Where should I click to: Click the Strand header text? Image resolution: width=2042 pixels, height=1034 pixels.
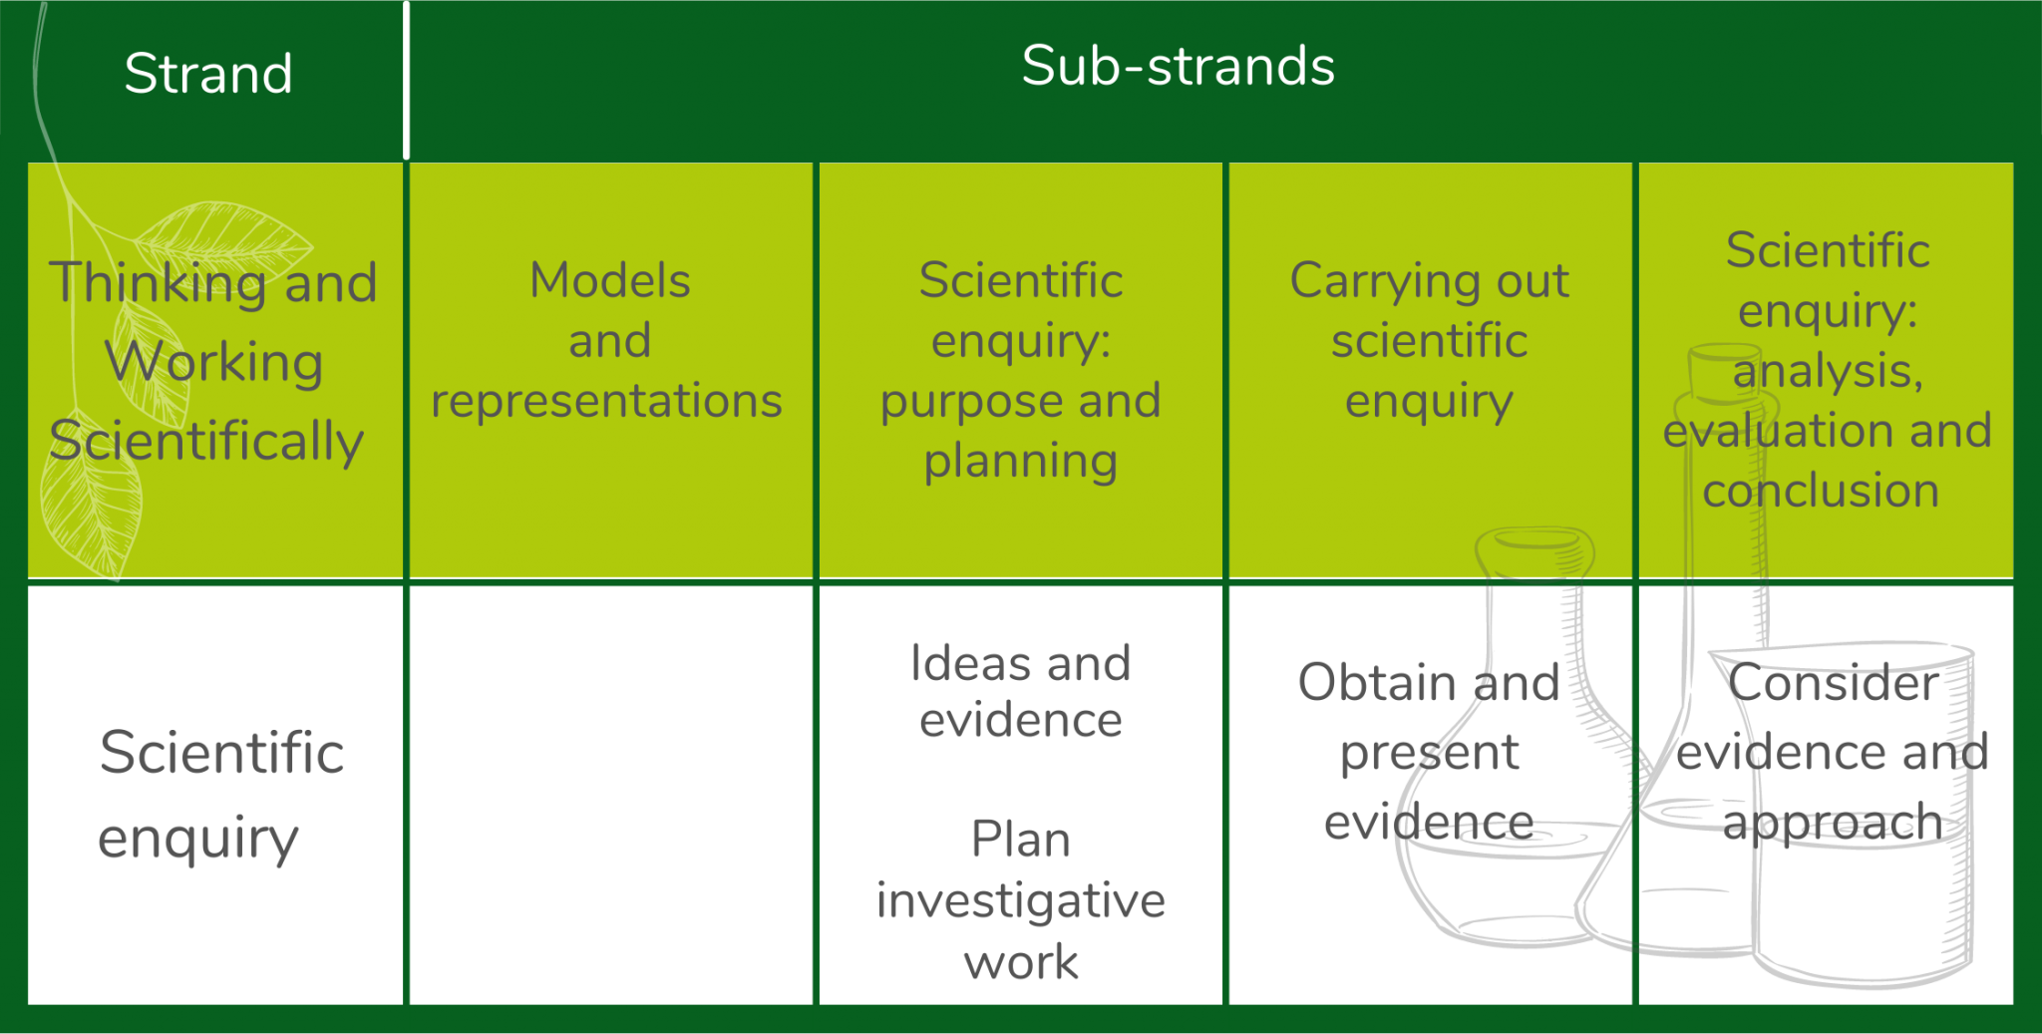click(208, 74)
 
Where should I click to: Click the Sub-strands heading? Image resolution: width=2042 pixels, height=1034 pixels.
click(1178, 66)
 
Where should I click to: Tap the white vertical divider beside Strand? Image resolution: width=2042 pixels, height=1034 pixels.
click(406, 80)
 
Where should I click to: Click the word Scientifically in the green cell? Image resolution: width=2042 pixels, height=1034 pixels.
click(206, 442)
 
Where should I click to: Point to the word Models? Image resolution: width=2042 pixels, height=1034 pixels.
click(609, 280)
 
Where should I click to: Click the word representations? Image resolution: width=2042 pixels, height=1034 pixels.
click(606, 401)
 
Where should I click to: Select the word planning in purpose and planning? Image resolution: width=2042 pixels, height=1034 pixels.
click(1020, 462)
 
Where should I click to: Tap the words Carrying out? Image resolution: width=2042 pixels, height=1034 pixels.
click(1429, 281)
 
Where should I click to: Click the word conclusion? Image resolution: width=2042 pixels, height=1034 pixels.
click(1821, 491)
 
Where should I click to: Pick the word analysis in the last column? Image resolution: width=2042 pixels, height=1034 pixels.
click(1827, 371)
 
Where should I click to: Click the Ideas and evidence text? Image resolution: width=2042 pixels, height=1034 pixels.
click(1020, 691)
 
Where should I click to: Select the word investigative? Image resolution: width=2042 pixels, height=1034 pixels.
click(1020, 900)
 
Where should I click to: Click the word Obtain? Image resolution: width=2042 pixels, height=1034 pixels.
click(1376, 683)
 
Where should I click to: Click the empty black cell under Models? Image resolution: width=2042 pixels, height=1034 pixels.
click(610, 795)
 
